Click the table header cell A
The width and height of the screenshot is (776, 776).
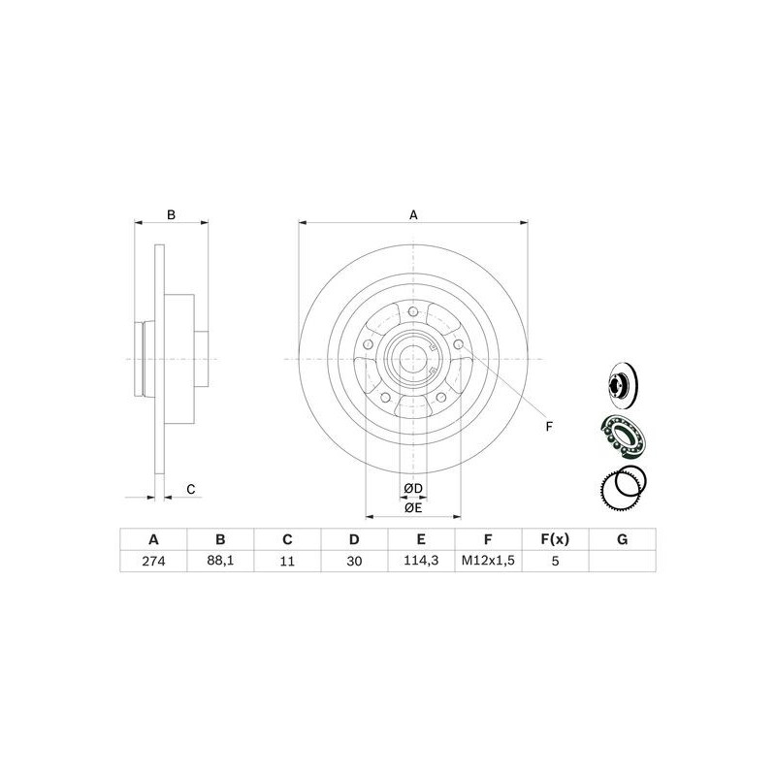coord(152,539)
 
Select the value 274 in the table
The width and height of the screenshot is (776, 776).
coord(152,561)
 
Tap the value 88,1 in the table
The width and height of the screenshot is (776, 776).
coord(220,561)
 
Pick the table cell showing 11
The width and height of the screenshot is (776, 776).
coord(287,561)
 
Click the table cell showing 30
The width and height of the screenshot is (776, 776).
coord(354,561)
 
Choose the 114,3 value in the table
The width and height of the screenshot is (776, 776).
coord(421,561)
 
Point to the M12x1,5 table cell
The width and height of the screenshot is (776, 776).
coord(488,561)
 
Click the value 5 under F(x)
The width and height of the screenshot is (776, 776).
coord(555,561)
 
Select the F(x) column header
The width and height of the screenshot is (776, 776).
coord(555,539)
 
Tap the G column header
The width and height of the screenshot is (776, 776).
coord(622,539)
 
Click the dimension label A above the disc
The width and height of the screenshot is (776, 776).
coord(413,214)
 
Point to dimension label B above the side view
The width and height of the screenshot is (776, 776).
coord(171,214)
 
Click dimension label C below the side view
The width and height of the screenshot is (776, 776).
coord(191,489)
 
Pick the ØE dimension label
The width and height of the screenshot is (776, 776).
coord(414,506)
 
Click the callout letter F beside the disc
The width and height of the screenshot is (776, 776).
coord(548,427)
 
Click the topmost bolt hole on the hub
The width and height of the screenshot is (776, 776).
coord(413,311)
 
